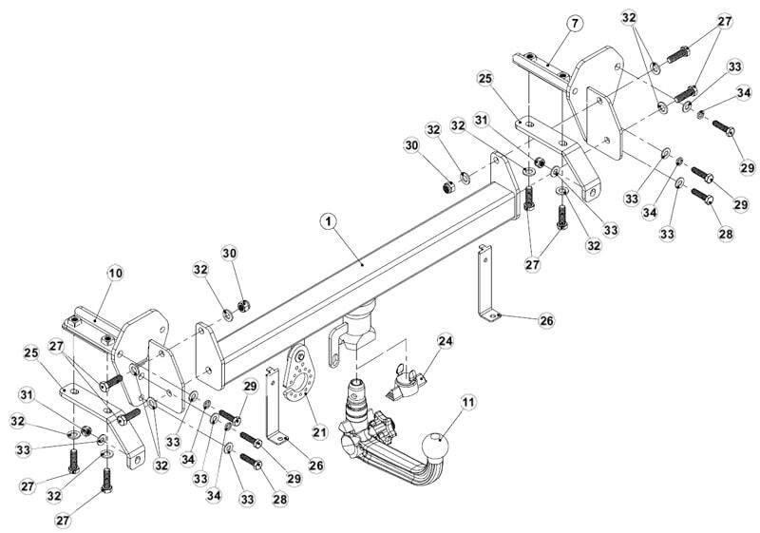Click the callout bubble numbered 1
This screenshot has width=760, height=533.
click(329, 222)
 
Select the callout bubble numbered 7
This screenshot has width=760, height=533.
click(574, 23)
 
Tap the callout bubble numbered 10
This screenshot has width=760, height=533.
click(115, 274)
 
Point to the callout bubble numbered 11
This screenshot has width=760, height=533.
click(468, 402)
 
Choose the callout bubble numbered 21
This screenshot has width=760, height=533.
click(319, 431)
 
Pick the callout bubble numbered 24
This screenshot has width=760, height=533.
click(446, 341)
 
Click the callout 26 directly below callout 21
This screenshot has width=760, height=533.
click(316, 466)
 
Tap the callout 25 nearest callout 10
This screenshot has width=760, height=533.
click(31, 353)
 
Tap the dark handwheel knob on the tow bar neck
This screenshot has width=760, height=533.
click(383, 427)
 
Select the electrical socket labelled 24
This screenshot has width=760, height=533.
click(407, 383)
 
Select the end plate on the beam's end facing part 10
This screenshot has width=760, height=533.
click(209, 355)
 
